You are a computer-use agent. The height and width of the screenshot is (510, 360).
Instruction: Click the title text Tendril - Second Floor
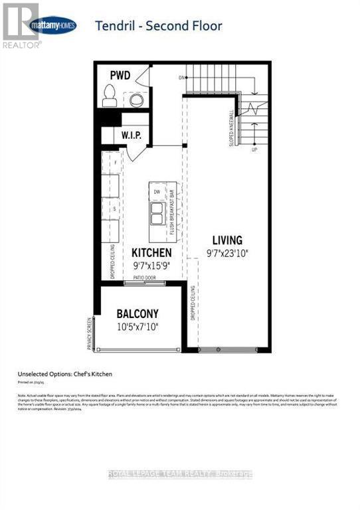(x=159, y=26)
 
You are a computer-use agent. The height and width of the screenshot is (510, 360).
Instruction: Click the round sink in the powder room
(x=136, y=100)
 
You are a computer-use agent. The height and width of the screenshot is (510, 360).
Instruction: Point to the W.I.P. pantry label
(x=130, y=136)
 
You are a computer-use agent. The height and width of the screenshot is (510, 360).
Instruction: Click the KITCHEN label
(x=151, y=253)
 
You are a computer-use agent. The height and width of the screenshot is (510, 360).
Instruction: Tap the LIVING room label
(x=227, y=240)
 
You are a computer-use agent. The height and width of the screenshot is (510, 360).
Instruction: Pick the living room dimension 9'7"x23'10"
(x=227, y=253)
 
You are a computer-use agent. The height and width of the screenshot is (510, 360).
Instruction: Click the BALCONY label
(x=138, y=313)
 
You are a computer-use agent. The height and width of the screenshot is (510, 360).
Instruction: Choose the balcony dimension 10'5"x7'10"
(x=138, y=327)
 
